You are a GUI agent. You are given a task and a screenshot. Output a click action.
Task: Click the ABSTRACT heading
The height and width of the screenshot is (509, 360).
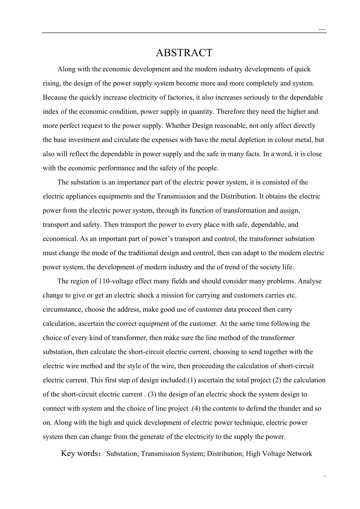[x=184, y=53]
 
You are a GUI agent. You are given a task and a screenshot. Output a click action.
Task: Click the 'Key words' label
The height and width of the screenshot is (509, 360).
[x=80, y=453]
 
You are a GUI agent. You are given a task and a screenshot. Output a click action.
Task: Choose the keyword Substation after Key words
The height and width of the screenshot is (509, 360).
[x=122, y=454]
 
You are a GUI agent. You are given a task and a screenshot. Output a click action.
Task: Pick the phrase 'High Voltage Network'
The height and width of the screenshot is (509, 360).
[x=279, y=454]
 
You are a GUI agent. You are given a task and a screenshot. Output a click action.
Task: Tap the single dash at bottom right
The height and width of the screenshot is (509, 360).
[x=325, y=477]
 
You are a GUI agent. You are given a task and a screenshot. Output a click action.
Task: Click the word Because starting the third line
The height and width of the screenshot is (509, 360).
[x=54, y=97]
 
